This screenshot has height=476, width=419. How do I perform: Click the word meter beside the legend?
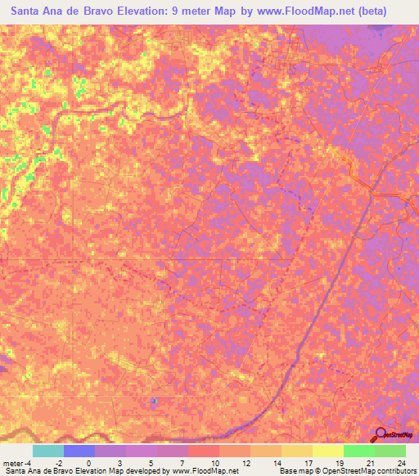pyautogui.click(x=11, y=462)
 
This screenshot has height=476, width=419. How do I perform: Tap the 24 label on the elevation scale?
pyautogui.click(x=400, y=462)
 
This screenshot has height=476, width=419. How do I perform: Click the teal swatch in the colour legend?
pyautogui.click(x=48, y=451)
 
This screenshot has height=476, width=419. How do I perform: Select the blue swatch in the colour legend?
pyautogui.click(x=79, y=451)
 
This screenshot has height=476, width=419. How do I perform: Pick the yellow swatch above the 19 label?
pyautogui.click(x=328, y=451)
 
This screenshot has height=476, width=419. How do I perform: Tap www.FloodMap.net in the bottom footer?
pyautogui.click(x=205, y=471)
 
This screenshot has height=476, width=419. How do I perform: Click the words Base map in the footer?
pyautogui.click(x=293, y=471)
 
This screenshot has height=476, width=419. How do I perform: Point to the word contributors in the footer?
pyautogui.click(x=394, y=471)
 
